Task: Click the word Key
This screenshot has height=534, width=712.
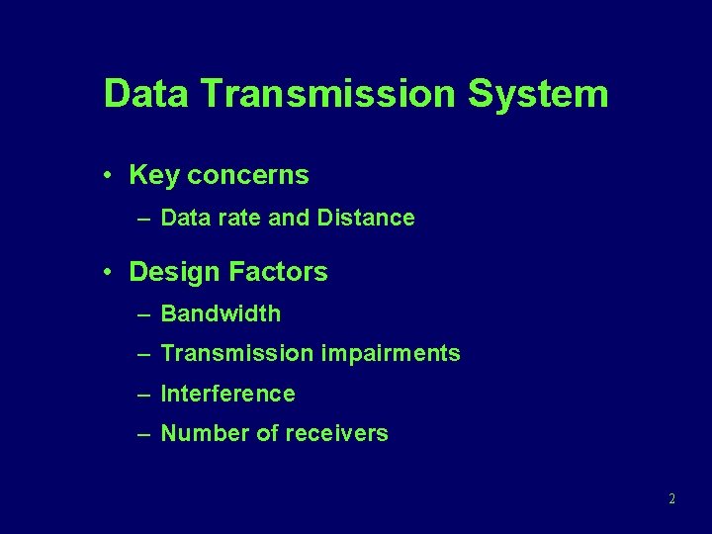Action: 153,176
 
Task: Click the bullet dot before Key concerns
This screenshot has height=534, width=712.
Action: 105,176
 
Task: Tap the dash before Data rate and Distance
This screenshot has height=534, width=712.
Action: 144,218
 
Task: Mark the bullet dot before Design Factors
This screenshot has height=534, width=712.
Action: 105,272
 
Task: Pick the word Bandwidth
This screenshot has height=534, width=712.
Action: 221,314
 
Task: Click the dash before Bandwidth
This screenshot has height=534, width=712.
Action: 144,314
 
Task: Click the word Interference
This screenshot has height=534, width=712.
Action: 227,394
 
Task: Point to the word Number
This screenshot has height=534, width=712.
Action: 201,433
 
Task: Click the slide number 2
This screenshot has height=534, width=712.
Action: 671,499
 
